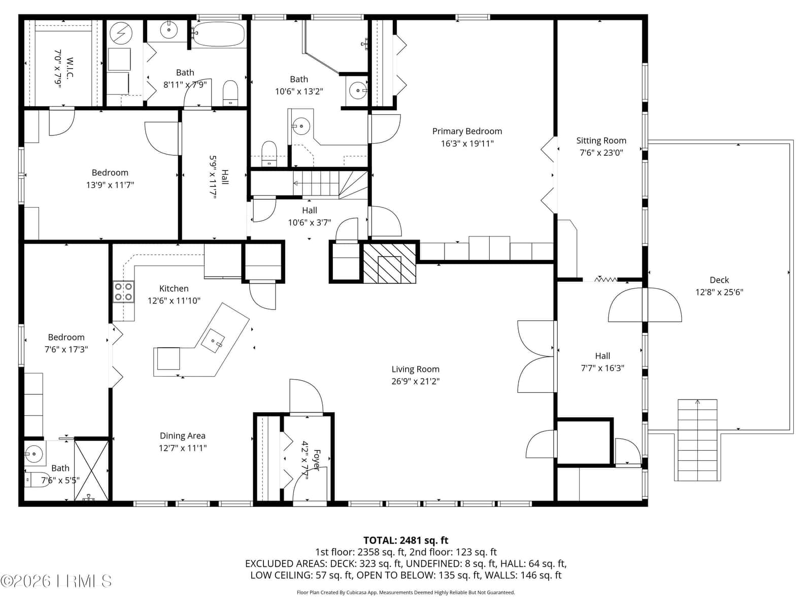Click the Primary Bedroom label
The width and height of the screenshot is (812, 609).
pos(467,131)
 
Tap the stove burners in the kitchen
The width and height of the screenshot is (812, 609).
pos(123,292)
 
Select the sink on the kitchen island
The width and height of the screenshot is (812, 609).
pos(213,341)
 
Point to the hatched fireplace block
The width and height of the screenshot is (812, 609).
pos(390,263)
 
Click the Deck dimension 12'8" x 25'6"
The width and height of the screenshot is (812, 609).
pos(719,292)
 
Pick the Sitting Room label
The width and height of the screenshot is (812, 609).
pos(601,141)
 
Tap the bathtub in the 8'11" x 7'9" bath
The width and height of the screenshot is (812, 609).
pos(218,34)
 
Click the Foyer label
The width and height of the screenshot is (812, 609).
pos(317,460)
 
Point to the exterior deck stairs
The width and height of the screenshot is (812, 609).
pos(697,440)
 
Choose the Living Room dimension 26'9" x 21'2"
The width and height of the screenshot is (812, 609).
pos(416,381)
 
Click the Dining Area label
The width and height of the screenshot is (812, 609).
pos(182,435)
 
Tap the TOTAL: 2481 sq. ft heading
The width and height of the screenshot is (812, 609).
pos(406,540)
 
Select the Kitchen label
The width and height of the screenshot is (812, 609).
pos(174,288)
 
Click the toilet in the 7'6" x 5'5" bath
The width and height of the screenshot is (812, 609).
pos(37,480)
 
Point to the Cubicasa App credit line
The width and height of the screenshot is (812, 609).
pos(405,593)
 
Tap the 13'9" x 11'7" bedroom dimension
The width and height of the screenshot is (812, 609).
pos(110,185)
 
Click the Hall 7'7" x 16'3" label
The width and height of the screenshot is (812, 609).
pos(602,356)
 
